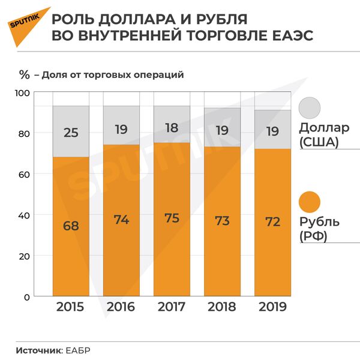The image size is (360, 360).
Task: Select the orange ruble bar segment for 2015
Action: (71, 252)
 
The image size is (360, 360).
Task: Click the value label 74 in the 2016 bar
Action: (121, 220)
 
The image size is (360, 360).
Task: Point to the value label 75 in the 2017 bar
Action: (172, 218)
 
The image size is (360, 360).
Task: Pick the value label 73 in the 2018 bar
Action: (222, 220)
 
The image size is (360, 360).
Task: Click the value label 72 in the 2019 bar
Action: (272, 221)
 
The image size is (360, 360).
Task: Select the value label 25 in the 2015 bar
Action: (71, 132)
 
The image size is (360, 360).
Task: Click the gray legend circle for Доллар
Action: (310, 107)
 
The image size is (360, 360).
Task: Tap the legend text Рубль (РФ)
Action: (319, 229)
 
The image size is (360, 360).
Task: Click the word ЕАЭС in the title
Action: (289, 35)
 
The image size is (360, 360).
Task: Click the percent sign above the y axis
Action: (25, 75)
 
